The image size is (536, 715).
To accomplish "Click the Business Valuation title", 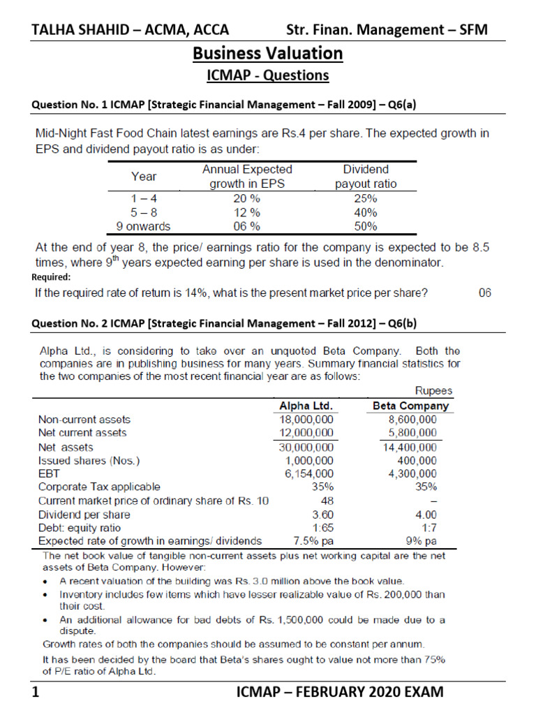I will click(x=267, y=53).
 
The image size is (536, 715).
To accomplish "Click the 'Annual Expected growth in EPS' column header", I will click(x=247, y=177).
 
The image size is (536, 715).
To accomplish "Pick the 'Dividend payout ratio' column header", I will click(x=366, y=177).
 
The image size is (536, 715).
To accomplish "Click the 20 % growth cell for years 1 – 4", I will click(x=247, y=198).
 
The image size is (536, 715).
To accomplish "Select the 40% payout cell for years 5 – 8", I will click(x=366, y=212).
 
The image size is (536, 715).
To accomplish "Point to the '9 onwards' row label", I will click(x=142, y=226).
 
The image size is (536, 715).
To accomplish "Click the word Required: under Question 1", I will click(x=52, y=277).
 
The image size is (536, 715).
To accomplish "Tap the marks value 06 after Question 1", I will click(x=485, y=293).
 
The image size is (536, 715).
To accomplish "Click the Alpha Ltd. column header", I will click(x=306, y=406).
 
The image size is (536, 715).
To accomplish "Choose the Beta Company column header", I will click(x=411, y=406).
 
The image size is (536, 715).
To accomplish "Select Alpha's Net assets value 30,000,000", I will click(x=306, y=447).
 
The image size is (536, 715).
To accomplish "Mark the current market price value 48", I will click(x=327, y=501).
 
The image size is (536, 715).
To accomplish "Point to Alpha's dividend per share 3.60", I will click(x=322, y=514).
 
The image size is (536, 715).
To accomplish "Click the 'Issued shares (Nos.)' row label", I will click(x=89, y=461).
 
